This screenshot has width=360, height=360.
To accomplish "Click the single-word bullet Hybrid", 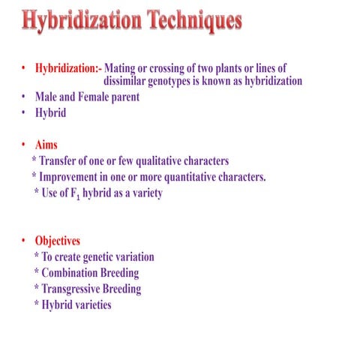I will [x=50, y=112].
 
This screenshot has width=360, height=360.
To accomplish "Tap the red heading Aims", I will [x=46, y=145].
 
